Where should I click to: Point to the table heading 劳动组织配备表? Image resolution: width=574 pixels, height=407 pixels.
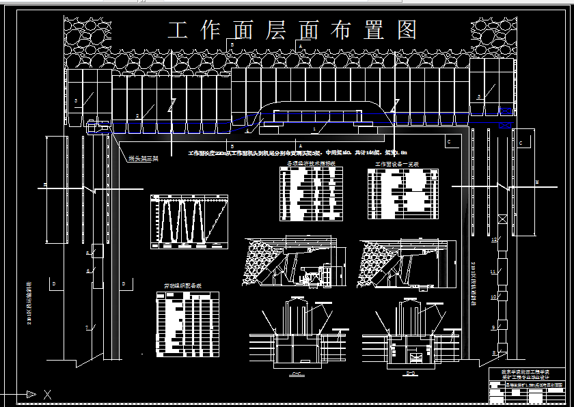182,287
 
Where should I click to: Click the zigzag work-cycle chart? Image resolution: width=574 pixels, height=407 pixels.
189,221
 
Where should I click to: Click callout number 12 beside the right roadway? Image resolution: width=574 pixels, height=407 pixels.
493,240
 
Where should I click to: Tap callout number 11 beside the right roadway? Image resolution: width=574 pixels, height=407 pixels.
493,272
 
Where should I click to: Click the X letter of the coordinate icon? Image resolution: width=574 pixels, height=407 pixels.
47,395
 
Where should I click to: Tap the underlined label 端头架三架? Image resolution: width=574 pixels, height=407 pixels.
143,159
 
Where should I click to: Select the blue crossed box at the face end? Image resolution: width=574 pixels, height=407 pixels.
506,126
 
